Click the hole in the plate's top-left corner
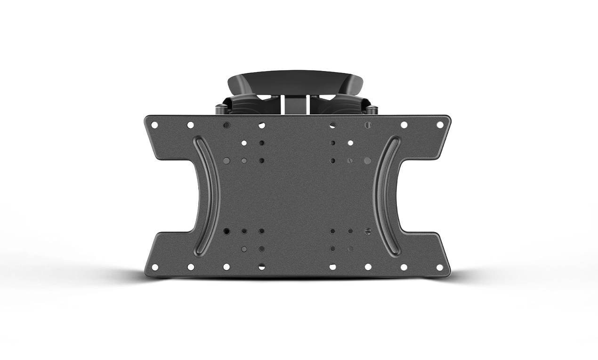pyautogui.click(x=154, y=125)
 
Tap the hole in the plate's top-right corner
pyautogui.click(x=440, y=125)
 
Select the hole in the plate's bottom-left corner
pyautogui.click(x=154, y=267)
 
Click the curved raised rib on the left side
pyautogui.click(x=207, y=195)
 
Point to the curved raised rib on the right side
pyautogui.click(x=387, y=195)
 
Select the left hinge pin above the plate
pyautogui.click(x=220, y=110)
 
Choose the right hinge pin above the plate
pyautogui.click(x=374, y=110)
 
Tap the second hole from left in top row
pyautogui.click(x=190, y=125)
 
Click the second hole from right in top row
pyautogui.click(x=404, y=125)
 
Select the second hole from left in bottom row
pyautogui.click(x=190, y=267)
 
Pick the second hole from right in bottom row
pyautogui.click(x=404, y=267)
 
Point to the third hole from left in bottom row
pyautogui.click(x=226, y=267)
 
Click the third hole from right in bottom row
pyautogui.click(x=368, y=267)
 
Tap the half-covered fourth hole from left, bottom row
pyautogui.click(x=261, y=267)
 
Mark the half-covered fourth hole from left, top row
pyautogui.click(x=261, y=125)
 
